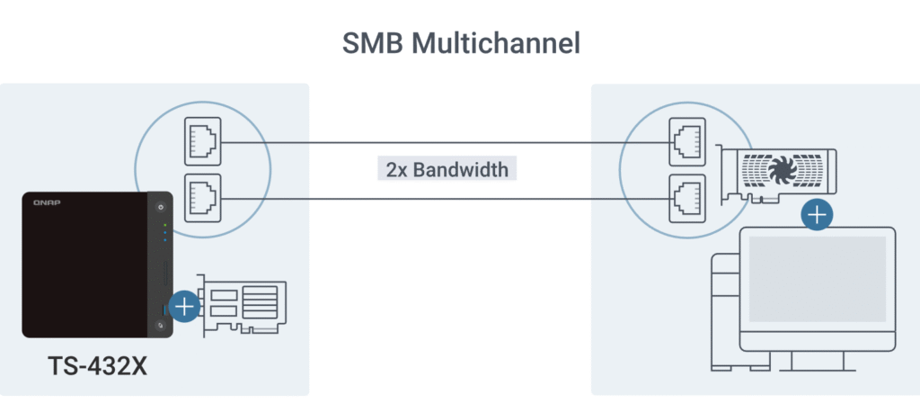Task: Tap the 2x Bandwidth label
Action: coord(446,169)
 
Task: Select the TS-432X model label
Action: coord(97,367)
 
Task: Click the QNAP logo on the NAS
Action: coord(46,205)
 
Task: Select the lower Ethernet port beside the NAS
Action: coord(202,196)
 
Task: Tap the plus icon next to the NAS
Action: coord(184,307)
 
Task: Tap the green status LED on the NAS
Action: coord(165,225)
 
